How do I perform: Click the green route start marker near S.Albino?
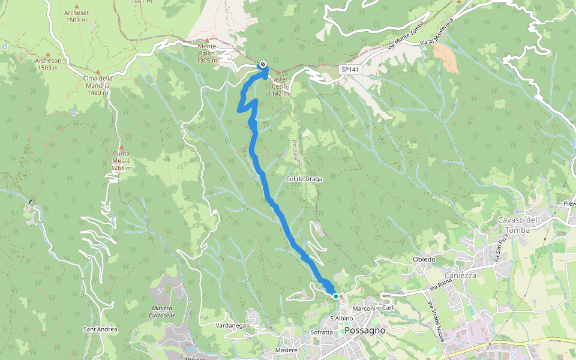[x=336, y=296]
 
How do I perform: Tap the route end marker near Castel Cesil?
[x=262, y=65]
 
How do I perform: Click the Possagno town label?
[x=365, y=331]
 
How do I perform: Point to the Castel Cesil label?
[x=279, y=86]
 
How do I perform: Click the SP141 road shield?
[x=350, y=70]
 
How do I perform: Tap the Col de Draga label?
[x=304, y=179]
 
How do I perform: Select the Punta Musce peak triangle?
[x=121, y=146]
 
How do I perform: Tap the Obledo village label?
[x=424, y=259]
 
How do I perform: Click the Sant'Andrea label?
[x=100, y=329]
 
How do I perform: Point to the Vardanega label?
[x=231, y=325]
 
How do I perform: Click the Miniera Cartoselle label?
[x=161, y=311]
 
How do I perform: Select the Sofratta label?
[x=322, y=332]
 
